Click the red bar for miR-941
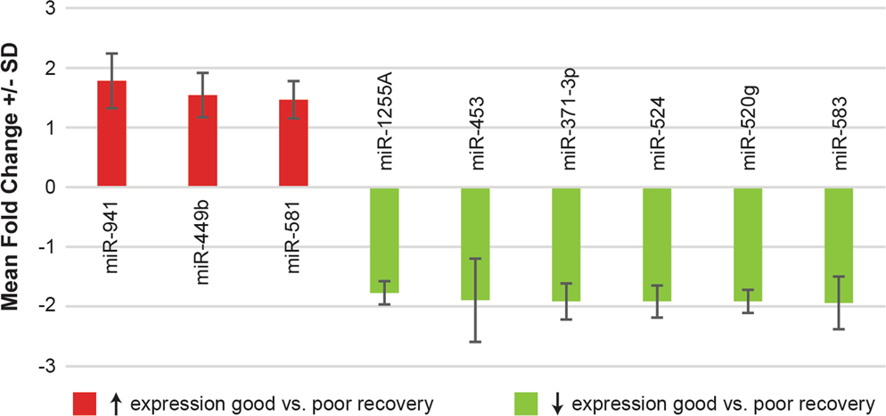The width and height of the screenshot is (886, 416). tap(111, 134)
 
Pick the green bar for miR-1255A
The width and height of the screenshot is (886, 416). tap(384, 240)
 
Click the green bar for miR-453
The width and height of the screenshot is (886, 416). tap(475, 244)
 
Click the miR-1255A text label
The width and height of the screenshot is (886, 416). tap(385, 129)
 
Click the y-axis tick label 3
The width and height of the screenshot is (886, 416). tap(52, 9)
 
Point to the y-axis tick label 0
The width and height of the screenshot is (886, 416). tap(52, 187)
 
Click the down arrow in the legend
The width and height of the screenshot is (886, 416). tap(557, 404)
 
